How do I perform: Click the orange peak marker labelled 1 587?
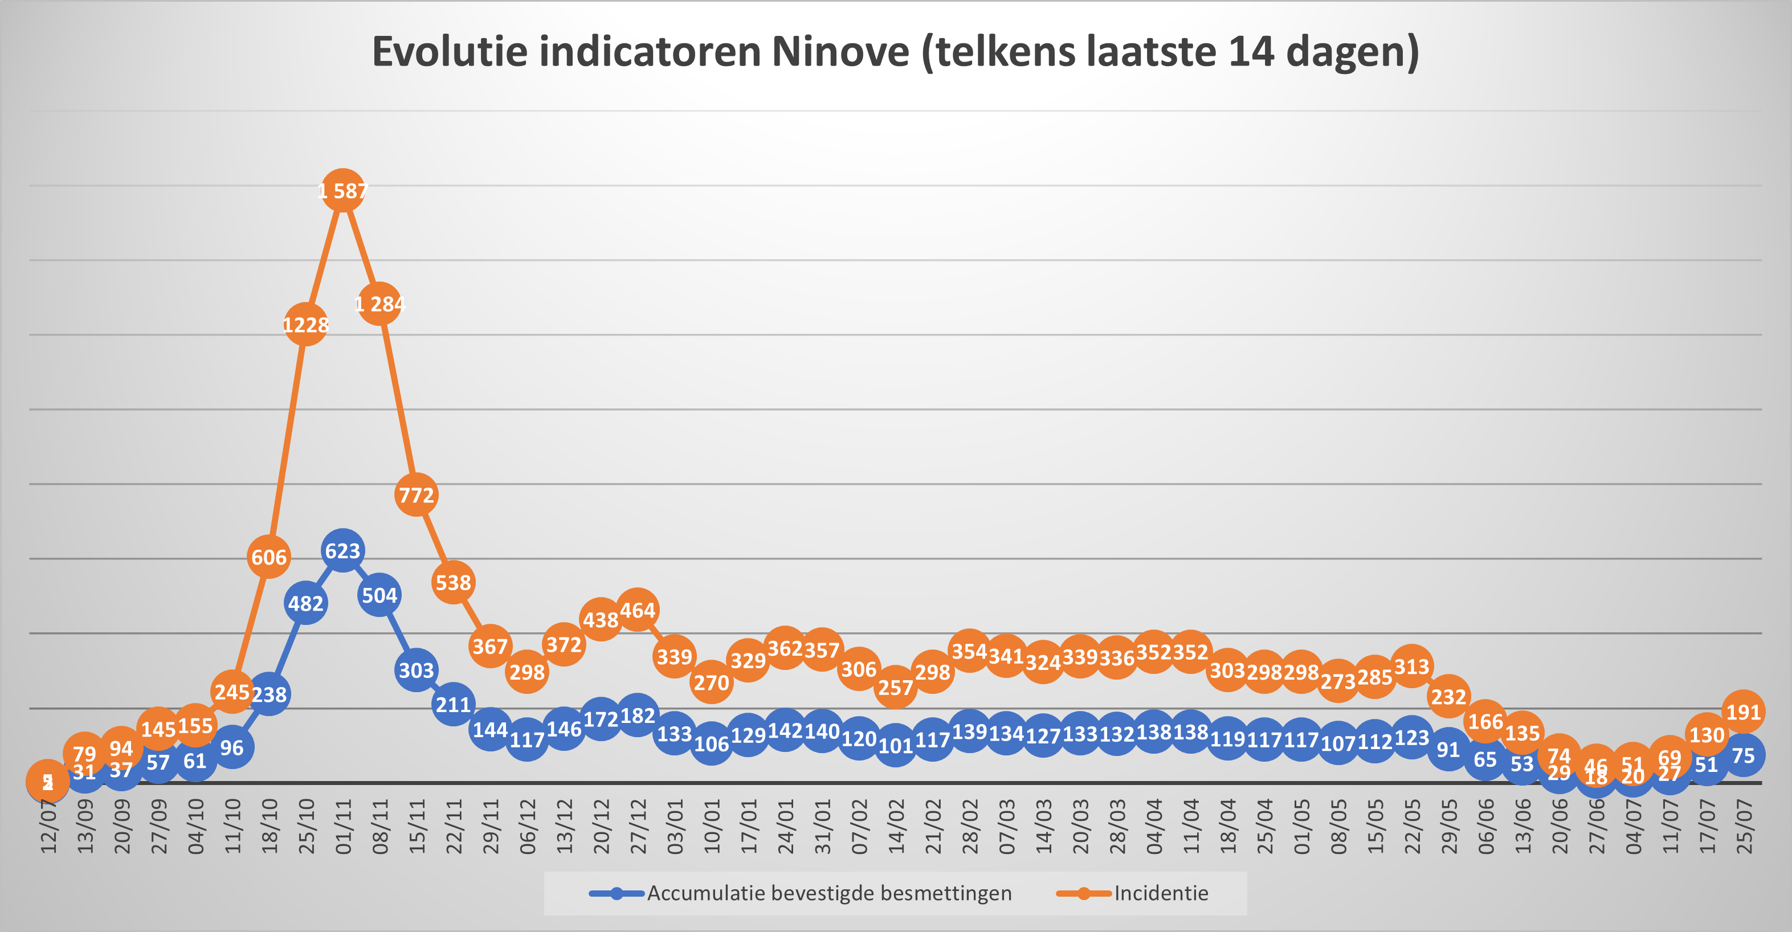(342, 190)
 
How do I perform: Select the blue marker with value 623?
(342, 551)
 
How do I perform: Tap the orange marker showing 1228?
(305, 324)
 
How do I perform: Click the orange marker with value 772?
(416, 494)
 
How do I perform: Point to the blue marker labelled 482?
(305, 603)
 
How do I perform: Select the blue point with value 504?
(379, 595)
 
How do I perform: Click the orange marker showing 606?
(268, 557)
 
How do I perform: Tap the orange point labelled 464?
(637, 611)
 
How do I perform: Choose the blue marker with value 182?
(637, 715)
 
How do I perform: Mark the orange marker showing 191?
(1742, 712)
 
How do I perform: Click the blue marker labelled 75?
(1742, 755)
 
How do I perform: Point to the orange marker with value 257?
(895, 687)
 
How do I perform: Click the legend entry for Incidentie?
(1160, 893)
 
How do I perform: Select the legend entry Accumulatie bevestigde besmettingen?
(828, 893)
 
